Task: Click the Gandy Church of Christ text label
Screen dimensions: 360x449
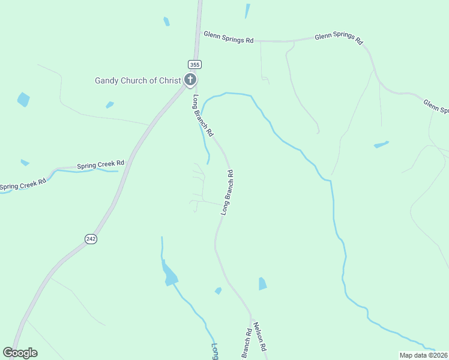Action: (138, 80)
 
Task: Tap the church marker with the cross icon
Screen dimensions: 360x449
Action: (190, 79)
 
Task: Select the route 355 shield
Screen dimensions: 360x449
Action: (194, 64)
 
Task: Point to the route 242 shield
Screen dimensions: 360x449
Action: (91, 239)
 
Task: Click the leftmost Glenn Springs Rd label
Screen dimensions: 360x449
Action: (229, 37)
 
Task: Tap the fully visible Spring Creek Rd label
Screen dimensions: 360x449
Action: (100, 164)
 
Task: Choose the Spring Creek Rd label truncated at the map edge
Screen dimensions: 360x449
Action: (22, 184)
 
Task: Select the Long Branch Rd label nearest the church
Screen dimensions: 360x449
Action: (203, 115)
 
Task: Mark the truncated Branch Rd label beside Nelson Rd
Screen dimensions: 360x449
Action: (246, 343)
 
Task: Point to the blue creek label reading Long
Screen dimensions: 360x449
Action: (215, 351)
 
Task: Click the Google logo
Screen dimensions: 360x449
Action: (20, 353)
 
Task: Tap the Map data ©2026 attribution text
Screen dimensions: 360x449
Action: (423, 355)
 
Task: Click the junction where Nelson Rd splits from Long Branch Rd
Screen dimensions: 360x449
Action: (252, 316)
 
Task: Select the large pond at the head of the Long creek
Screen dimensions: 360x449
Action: (170, 274)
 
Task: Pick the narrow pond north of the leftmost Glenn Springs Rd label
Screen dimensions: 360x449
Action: (247, 11)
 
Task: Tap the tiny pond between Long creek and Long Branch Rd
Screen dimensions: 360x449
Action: (218, 291)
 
